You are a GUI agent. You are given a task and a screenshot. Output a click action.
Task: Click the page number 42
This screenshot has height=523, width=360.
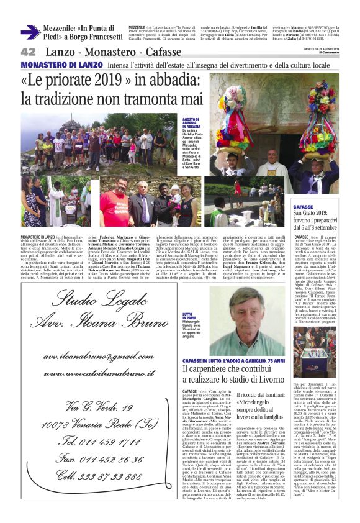(28, 52)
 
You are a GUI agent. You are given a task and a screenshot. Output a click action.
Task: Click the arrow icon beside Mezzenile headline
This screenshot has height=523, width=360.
(30, 32)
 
